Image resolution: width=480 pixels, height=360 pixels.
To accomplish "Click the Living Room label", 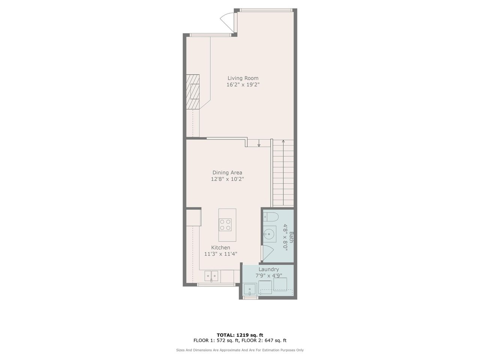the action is (x=243, y=78).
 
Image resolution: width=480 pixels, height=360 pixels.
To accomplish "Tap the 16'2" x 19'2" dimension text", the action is (x=243, y=85).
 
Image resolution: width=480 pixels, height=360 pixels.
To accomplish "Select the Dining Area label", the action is (x=227, y=172).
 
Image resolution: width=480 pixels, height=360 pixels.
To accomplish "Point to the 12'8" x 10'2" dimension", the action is (x=227, y=179).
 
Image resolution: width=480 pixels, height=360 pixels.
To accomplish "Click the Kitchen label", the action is (x=220, y=247).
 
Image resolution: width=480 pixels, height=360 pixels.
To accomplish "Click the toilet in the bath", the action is (x=270, y=217).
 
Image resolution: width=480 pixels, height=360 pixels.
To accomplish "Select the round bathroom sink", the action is (x=268, y=234).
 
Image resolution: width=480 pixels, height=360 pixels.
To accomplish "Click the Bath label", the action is (x=291, y=237).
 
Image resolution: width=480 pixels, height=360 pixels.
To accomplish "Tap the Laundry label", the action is (x=268, y=269).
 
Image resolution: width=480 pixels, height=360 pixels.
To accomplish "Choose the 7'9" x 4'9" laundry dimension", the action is (x=269, y=276).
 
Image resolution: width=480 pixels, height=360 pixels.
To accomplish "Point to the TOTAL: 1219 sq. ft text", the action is (x=240, y=335).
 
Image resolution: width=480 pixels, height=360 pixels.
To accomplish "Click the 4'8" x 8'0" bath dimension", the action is (x=285, y=237).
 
